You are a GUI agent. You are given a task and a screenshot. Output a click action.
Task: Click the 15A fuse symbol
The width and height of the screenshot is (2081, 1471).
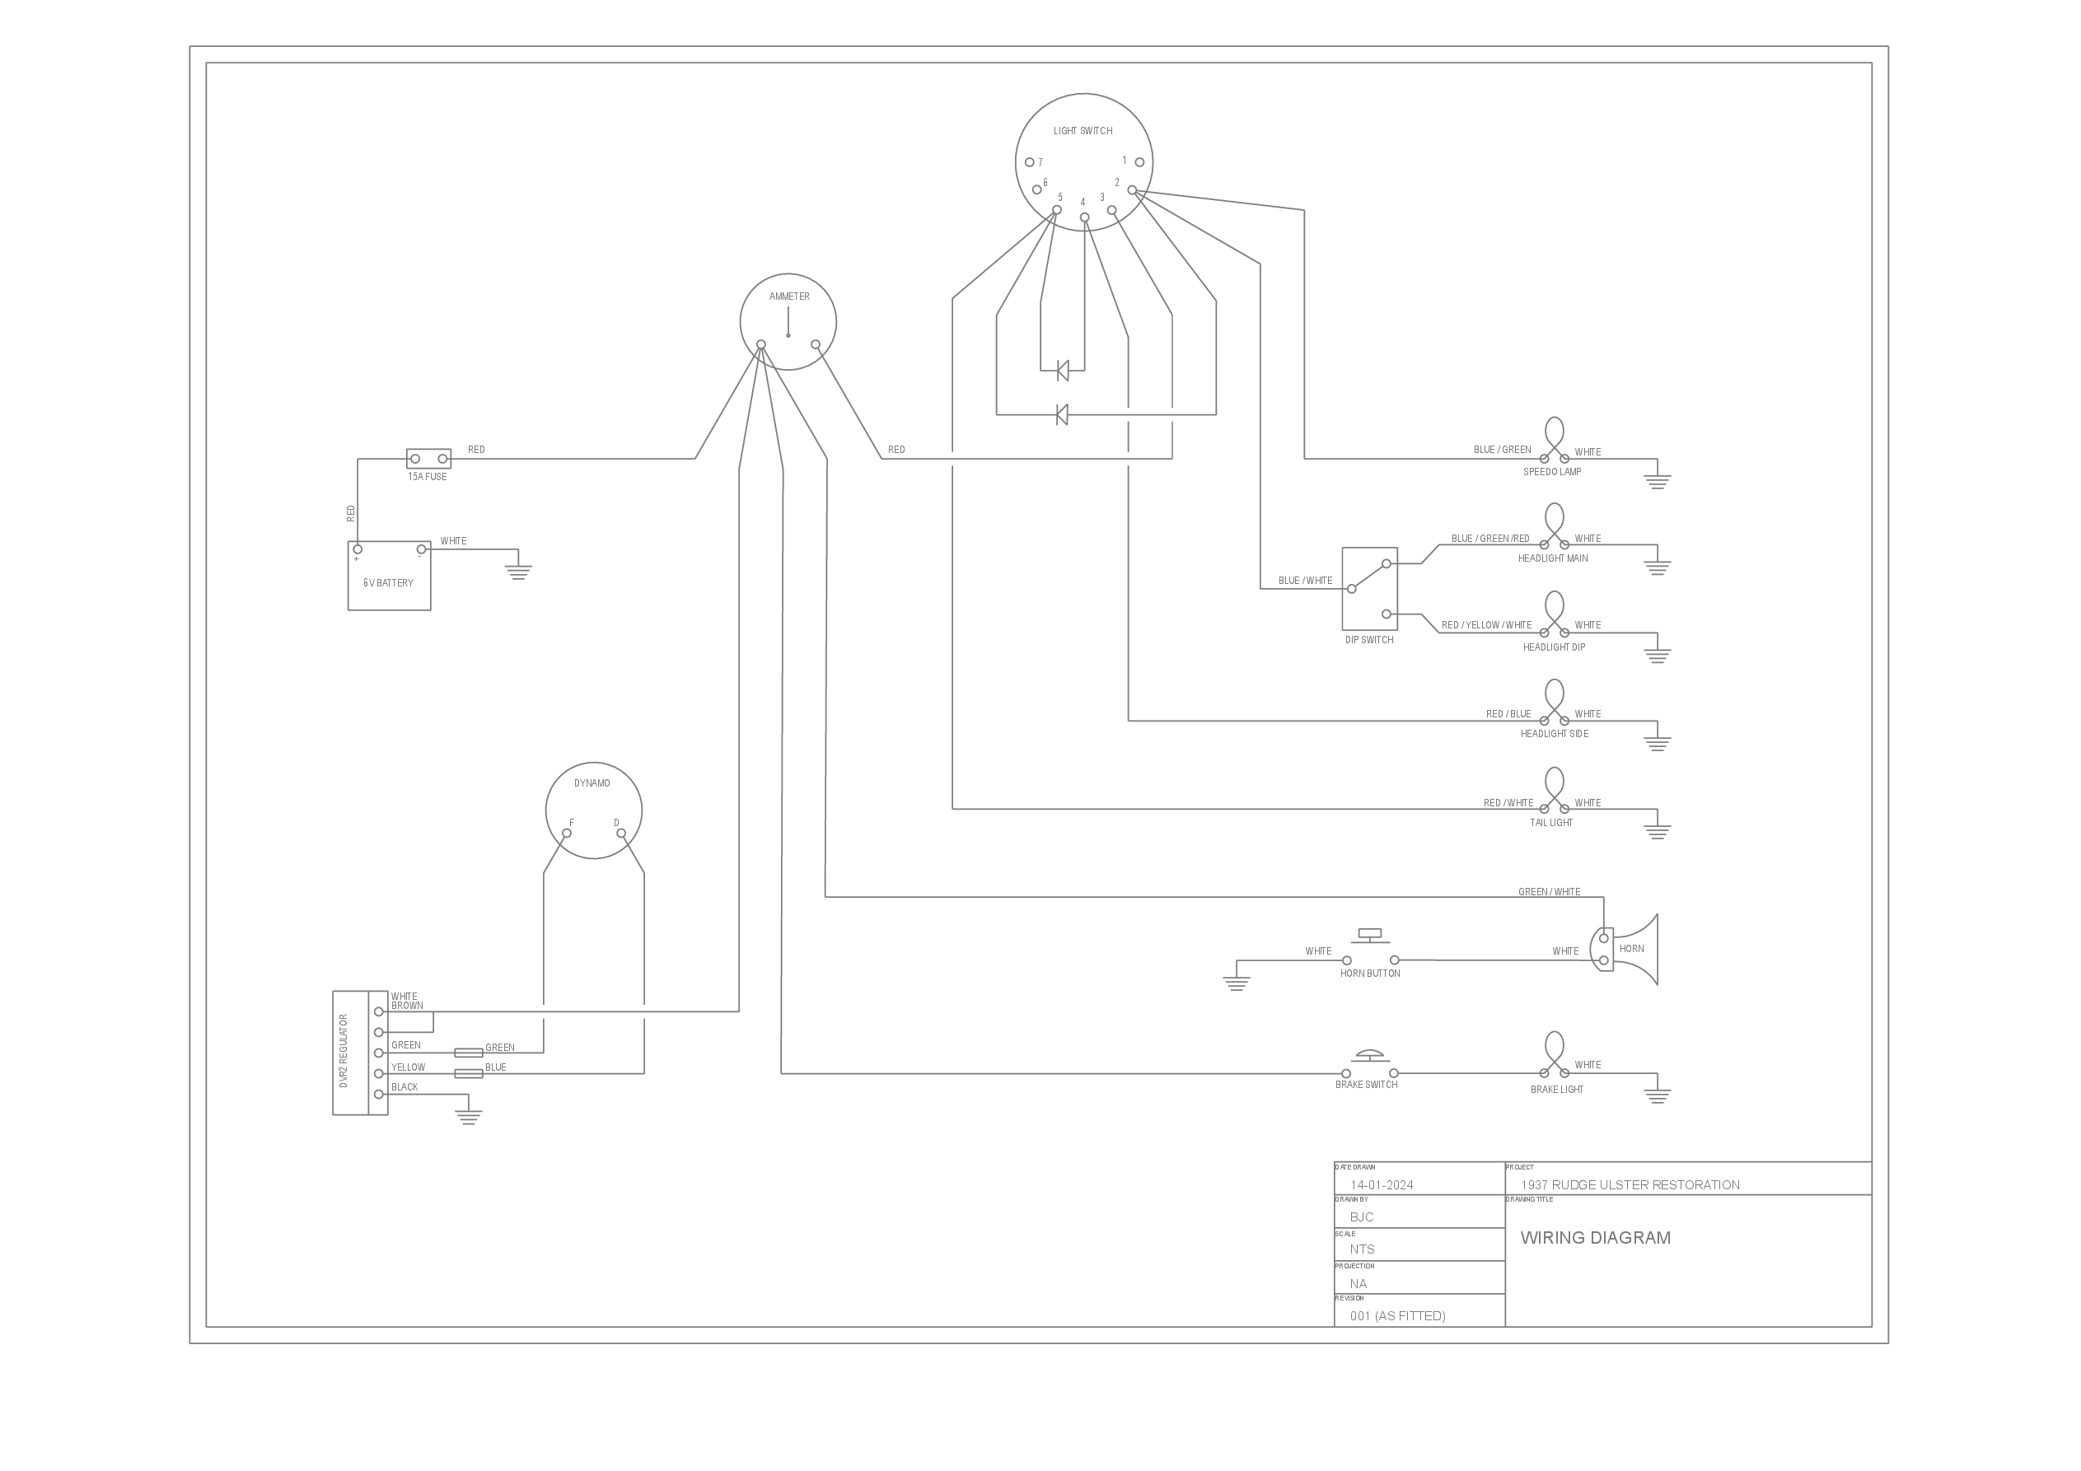(428, 459)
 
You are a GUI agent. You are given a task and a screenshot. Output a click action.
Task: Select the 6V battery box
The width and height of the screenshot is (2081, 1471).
(389, 577)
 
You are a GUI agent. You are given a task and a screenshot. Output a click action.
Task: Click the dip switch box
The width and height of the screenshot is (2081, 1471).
(1369, 588)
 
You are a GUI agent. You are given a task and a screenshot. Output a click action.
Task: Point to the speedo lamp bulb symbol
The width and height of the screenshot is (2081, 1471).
(1555, 441)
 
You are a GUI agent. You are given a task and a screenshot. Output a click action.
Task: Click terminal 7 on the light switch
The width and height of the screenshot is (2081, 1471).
(1030, 163)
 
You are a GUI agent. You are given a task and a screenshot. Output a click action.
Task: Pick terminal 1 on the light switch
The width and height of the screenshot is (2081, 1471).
(1139, 162)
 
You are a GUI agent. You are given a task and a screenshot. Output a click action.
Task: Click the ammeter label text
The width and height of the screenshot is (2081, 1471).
(789, 297)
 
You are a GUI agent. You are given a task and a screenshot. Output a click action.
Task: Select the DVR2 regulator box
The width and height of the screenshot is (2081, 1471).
(360, 1053)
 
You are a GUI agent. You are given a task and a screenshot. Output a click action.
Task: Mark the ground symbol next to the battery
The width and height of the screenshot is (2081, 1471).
(518, 570)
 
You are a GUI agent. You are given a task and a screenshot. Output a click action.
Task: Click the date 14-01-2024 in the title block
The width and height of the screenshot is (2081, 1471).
(1382, 1184)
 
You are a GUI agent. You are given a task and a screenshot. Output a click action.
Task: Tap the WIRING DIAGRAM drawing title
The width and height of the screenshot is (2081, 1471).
(1595, 1238)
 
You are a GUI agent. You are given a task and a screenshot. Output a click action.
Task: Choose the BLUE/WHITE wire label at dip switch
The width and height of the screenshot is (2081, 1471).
(1305, 580)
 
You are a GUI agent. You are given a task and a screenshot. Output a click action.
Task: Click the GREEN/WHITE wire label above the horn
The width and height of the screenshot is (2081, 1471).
(1549, 892)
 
